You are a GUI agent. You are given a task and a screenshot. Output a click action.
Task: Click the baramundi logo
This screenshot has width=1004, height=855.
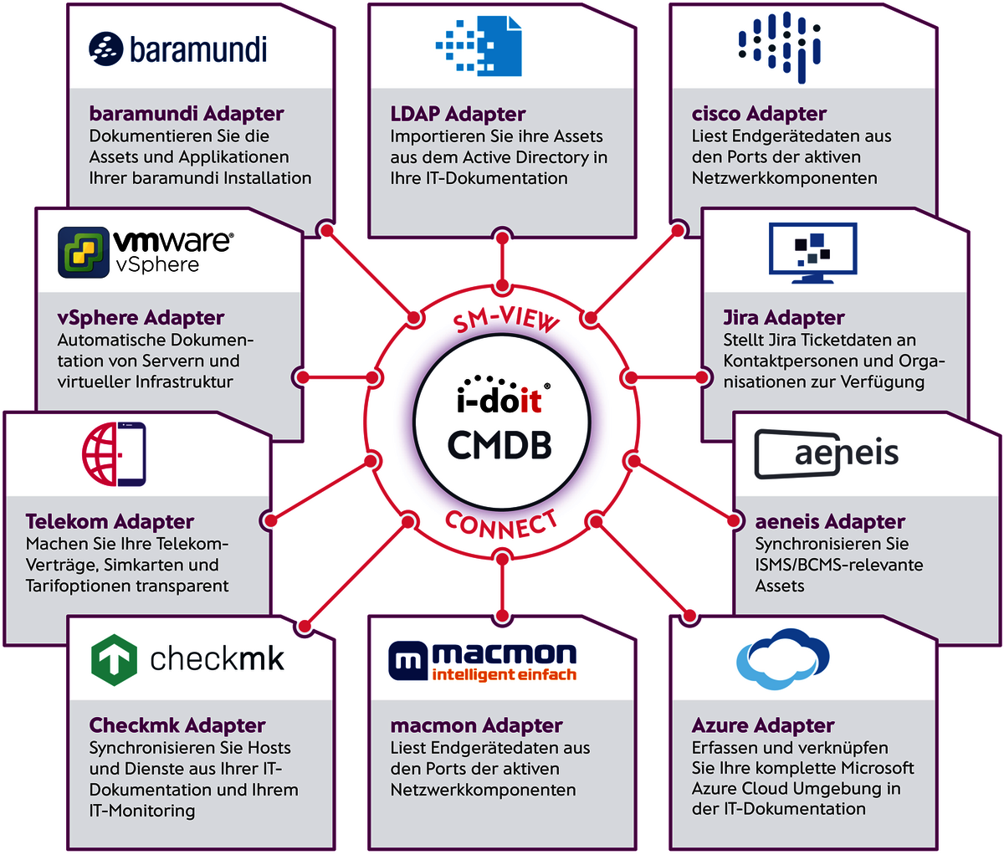(x=177, y=49)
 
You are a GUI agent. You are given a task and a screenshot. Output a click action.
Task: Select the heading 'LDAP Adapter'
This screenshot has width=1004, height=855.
(x=458, y=114)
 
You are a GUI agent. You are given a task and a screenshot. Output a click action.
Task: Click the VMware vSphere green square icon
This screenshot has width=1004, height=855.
(x=84, y=252)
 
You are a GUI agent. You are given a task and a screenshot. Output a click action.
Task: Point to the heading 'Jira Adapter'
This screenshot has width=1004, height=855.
(x=784, y=318)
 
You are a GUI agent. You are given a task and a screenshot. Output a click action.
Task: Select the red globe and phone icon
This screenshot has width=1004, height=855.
(x=114, y=454)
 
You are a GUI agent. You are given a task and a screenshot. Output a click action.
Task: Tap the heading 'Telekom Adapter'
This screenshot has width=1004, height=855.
(x=110, y=522)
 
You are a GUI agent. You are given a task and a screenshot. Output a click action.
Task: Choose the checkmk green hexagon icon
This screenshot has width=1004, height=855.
(x=113, y=659)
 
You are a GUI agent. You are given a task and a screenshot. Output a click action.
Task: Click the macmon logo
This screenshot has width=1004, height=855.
(x=483, y=660)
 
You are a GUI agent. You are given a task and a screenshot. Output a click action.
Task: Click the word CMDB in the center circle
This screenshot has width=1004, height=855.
(x=500, y=445)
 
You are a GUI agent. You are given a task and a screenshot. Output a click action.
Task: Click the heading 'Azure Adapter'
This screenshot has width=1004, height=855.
(x=763, y=725)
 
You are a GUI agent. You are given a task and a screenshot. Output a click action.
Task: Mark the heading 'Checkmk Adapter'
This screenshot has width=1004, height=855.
(x=177, y=725)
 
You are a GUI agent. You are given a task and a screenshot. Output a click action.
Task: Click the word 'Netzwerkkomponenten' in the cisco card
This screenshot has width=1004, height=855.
(x=784, y=178)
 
